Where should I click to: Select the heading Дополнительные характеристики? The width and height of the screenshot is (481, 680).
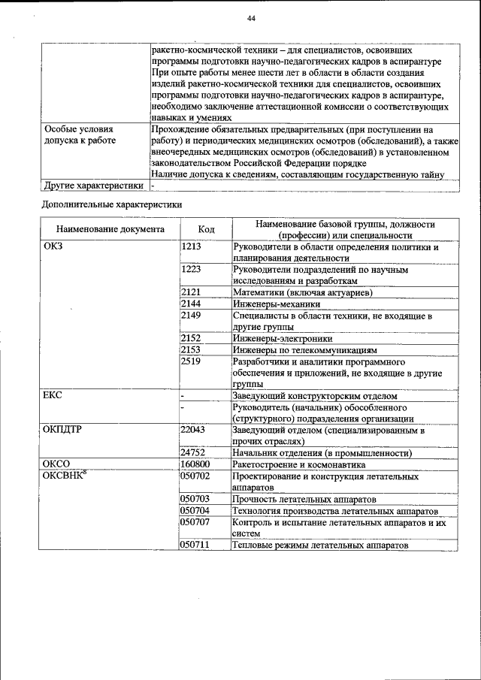pos(110,204)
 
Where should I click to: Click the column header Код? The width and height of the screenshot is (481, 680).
pos(206,229)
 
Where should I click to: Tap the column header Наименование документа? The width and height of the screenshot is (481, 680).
pos(110,229)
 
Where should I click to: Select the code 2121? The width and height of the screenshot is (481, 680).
pos(191,292)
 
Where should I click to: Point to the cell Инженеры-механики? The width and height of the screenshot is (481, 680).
pos(277,304)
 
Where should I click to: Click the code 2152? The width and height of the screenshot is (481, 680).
pos(191,338)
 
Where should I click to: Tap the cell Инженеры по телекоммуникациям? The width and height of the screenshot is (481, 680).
pos(304,349)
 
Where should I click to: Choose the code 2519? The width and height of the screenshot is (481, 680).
pos(191,361)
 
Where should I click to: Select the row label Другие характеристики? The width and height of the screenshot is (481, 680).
pos(93,185)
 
